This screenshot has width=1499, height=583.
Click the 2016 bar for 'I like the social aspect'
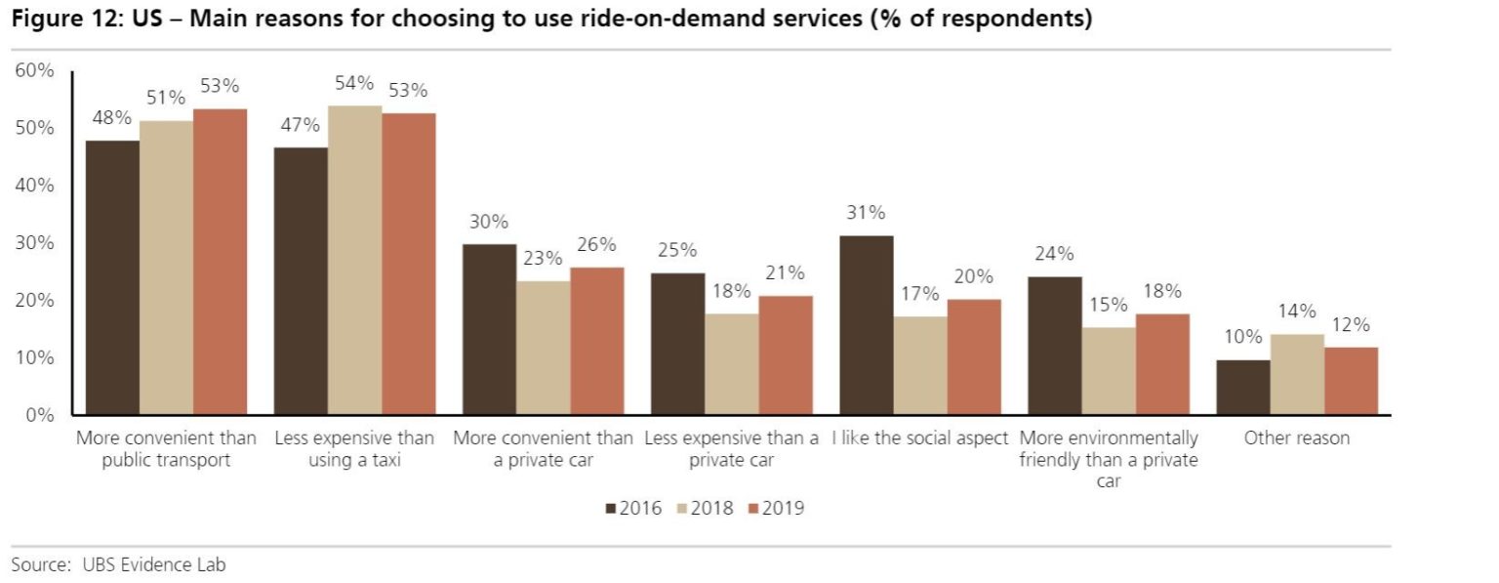tap(866, 325)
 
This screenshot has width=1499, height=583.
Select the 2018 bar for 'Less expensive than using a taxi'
tap(354, 260)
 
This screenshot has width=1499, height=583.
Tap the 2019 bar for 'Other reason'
tap(1351, 381)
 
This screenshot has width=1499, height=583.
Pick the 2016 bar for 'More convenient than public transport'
tap(112, 277)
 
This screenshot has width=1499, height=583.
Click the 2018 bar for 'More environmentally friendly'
tap(1109, 371)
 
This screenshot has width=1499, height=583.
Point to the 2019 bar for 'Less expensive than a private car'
tap(786, 354)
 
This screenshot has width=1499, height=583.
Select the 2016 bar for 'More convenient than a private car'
tap(489, 329)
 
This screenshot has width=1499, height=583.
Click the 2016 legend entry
tap(633, 508)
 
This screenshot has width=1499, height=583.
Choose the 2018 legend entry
tap(706, 508)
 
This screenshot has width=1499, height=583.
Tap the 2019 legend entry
tap(776, 508)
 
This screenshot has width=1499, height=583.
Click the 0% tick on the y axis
tap(39, 415)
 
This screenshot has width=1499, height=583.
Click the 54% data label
tap(354, 84)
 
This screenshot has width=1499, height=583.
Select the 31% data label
tap(866, 213)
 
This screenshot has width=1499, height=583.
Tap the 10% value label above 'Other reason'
tap(1242, 337)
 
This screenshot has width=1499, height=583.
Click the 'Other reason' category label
tap(1296, 438)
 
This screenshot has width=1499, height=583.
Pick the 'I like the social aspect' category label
tap(919, 438)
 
